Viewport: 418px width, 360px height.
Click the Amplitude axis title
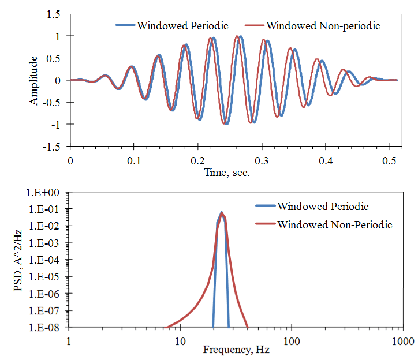[35, 80]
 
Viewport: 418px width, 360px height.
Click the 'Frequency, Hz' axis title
[236, 350]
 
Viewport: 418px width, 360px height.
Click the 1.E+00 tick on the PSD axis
[47, 192]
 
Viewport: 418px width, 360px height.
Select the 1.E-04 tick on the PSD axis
[47, 260]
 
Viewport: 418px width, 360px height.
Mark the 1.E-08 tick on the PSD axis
[47, 328]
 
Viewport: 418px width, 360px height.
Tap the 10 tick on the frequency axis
[180, 339]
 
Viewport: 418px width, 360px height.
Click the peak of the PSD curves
[221, 212]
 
